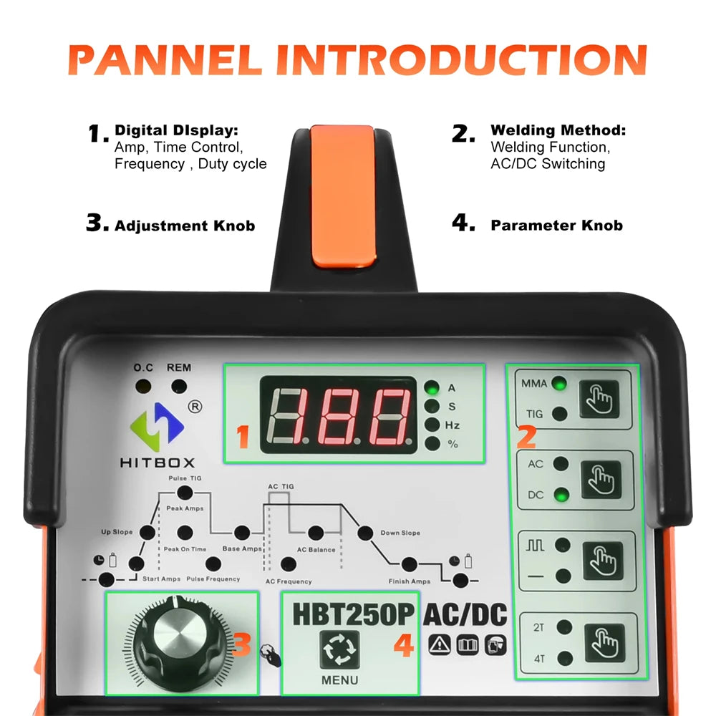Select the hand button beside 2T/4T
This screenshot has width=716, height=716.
pyautogui.click(x=604, y=644)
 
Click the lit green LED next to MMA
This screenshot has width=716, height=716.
pyautogui.click(x=559, y=384)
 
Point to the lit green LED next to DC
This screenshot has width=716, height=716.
pyautogui.click(x=561, y=495)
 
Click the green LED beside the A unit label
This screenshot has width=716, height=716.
pyautogui.click(x=432, y=388)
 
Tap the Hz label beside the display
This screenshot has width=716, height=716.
pyautogui.click(x=453, y=425)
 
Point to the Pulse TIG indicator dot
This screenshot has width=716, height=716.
pyautogui.click(x=185, y=491)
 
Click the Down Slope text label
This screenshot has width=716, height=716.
pyautogui.click(x=400, y=533)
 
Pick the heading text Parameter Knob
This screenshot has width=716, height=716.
pyautogui.click(x=556, y=226)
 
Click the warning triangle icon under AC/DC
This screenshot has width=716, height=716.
pyautogui.click(x=437, y=644)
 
